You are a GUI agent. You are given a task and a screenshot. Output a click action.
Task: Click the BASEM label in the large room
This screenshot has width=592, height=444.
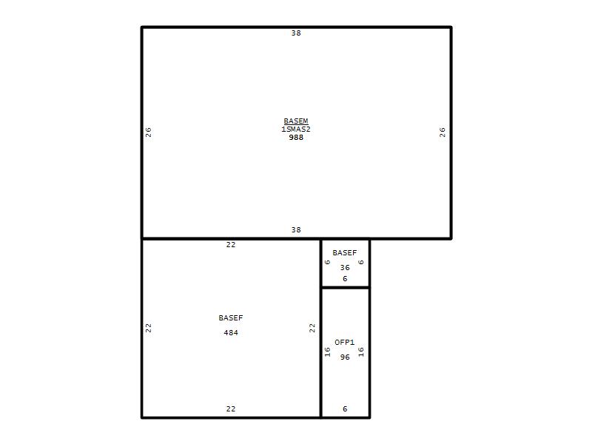point(296,121)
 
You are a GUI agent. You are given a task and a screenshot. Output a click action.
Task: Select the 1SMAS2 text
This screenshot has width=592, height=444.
point(296,129)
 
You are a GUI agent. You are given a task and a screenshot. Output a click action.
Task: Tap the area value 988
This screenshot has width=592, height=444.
point(296,138)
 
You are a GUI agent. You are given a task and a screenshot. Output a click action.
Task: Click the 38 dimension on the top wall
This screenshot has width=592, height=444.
point(296,33)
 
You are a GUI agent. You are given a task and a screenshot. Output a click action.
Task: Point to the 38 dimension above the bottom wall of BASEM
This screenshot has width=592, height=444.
point(296,229)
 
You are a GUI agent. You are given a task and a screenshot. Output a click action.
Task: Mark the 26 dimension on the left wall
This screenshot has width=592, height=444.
point(149,132)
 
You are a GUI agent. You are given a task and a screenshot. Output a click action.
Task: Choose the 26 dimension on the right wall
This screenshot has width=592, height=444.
point(443,132)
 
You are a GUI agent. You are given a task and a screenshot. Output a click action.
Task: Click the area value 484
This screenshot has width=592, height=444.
point(231,332)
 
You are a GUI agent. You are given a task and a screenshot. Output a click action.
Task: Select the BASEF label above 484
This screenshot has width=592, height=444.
point(231,318)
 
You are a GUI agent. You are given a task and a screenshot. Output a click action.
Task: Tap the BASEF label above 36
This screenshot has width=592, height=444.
point(345,252)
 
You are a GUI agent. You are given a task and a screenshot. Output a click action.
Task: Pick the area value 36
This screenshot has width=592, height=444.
point(345,267)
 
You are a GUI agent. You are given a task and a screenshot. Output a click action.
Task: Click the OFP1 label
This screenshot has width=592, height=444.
point(345,342)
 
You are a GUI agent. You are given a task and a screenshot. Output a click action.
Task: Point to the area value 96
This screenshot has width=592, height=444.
point(345,357)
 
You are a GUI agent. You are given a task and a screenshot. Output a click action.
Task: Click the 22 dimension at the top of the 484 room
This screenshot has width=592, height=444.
point(231,245)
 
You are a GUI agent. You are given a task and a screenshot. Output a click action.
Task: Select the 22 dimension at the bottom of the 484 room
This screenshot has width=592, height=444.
point(231,409)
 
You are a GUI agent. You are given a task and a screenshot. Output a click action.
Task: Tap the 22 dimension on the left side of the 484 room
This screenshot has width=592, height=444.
point(149,328)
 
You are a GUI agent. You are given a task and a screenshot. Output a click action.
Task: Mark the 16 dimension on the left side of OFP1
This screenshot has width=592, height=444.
point(327,352)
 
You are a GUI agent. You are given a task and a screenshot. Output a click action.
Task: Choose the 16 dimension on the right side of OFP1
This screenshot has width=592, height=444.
point(361,352)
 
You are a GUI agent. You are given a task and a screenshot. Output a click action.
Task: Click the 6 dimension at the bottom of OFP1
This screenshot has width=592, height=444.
point(345,409)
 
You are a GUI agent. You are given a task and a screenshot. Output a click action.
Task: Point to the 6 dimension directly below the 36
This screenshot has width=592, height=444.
point(345,279)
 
